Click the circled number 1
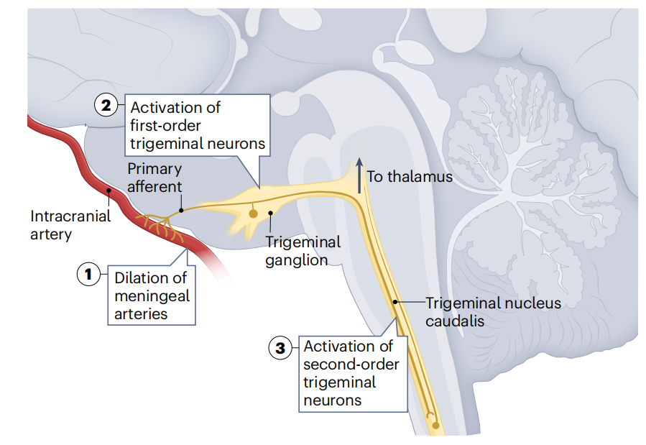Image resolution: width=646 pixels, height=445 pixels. (88, 274)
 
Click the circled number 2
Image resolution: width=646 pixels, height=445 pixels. (106, 106)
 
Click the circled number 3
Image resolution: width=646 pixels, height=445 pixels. (280, 348)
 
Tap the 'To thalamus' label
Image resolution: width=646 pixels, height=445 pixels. (410, 176)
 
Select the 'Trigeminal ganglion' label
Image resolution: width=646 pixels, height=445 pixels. (303, 251)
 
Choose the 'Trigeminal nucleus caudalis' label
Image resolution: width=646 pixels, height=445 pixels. (492, 312)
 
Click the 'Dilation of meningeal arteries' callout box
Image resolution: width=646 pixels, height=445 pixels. (152, 295)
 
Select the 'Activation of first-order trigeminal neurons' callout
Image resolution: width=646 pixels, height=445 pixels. (197, 125)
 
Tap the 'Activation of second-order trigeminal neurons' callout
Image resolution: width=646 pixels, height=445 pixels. (351, 373)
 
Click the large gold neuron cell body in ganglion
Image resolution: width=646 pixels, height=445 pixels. (253, 214)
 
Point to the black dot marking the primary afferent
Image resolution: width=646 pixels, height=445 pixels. (181, 211)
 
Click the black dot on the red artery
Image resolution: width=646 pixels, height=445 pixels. (109, 191)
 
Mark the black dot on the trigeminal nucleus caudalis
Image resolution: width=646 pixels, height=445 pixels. (394, 303)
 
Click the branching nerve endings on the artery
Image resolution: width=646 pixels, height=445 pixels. (159, 224)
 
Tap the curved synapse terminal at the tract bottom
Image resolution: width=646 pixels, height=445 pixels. (430, 416)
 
